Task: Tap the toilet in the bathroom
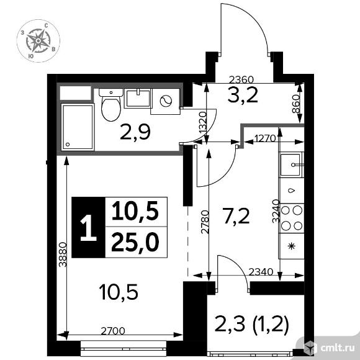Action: tap(110, 106)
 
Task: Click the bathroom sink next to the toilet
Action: tap(137, 98)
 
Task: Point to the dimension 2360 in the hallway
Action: tap(241, 79)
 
